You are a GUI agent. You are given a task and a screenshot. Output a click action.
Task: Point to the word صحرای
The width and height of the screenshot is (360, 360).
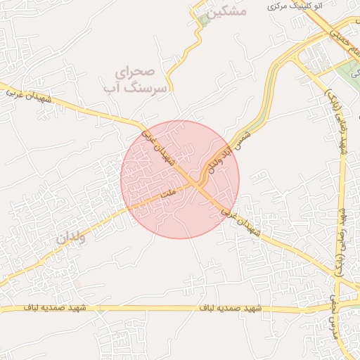(134, 72)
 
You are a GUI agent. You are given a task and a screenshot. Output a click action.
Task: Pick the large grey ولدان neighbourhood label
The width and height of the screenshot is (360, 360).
(70, 238)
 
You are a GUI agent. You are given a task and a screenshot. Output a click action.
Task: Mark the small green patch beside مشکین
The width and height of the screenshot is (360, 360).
(204, 19)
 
